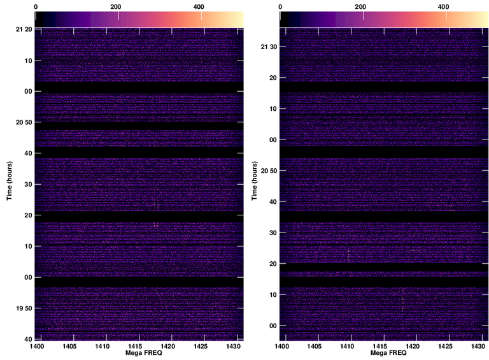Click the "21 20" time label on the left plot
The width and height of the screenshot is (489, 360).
pyautogui.click(x=24, y=30)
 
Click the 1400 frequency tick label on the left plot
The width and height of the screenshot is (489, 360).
pyautogui.click(x=36, y=345)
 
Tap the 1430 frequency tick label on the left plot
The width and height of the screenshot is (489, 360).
pyautogui.click(x=233, y=345)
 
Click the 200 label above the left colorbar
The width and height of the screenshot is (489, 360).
pyautogui.click(x=115, y=6)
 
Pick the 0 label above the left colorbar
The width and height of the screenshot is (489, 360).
pyautogui.click(x=36, y=6)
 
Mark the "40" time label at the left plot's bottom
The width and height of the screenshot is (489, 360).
pyautogui.click(x=29, y=338)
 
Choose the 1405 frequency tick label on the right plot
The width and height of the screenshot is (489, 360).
pyautogui.click(x=314, y=345)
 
